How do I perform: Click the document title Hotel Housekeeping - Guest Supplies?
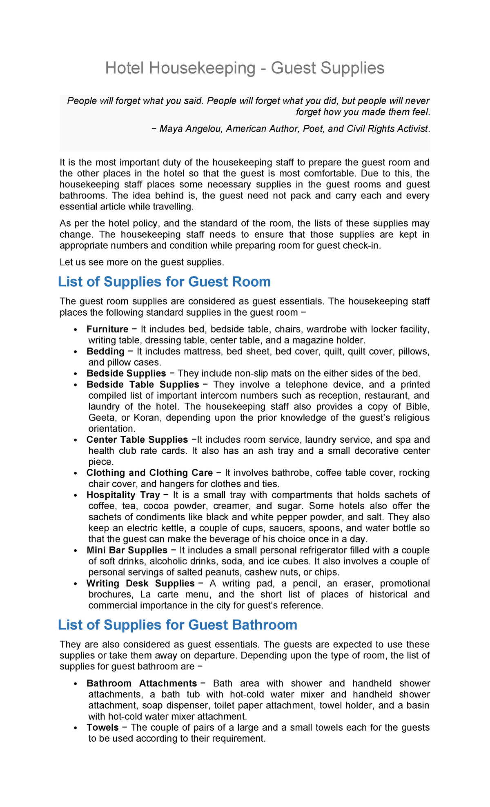point(245,68)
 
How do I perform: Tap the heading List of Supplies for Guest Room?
point(164,282)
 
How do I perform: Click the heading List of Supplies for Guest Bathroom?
point(177,625)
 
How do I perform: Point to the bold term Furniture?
point(107,329)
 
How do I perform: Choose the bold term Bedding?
point(105,351)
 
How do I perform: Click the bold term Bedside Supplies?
point(126,373)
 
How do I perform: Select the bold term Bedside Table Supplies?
point(143,384)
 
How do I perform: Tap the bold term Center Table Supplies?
point(137,439)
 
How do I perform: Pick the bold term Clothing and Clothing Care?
point(149,473)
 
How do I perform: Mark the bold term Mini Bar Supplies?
point(127,550)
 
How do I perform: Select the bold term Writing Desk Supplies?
point(140,583)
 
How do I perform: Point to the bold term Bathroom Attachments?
point(142,683)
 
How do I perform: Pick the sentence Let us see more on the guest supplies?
point(142,262)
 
